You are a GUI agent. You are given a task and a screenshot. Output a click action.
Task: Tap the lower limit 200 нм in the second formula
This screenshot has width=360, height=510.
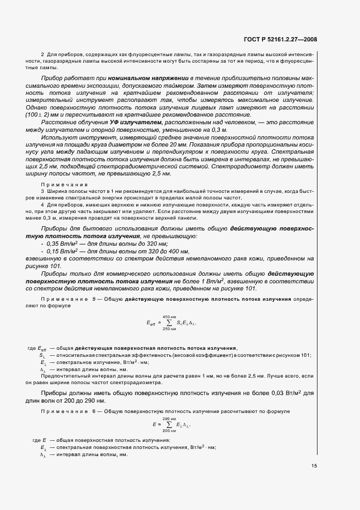point(170,430)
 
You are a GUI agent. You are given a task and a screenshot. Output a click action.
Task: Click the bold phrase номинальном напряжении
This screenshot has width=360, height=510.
point(142,79)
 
